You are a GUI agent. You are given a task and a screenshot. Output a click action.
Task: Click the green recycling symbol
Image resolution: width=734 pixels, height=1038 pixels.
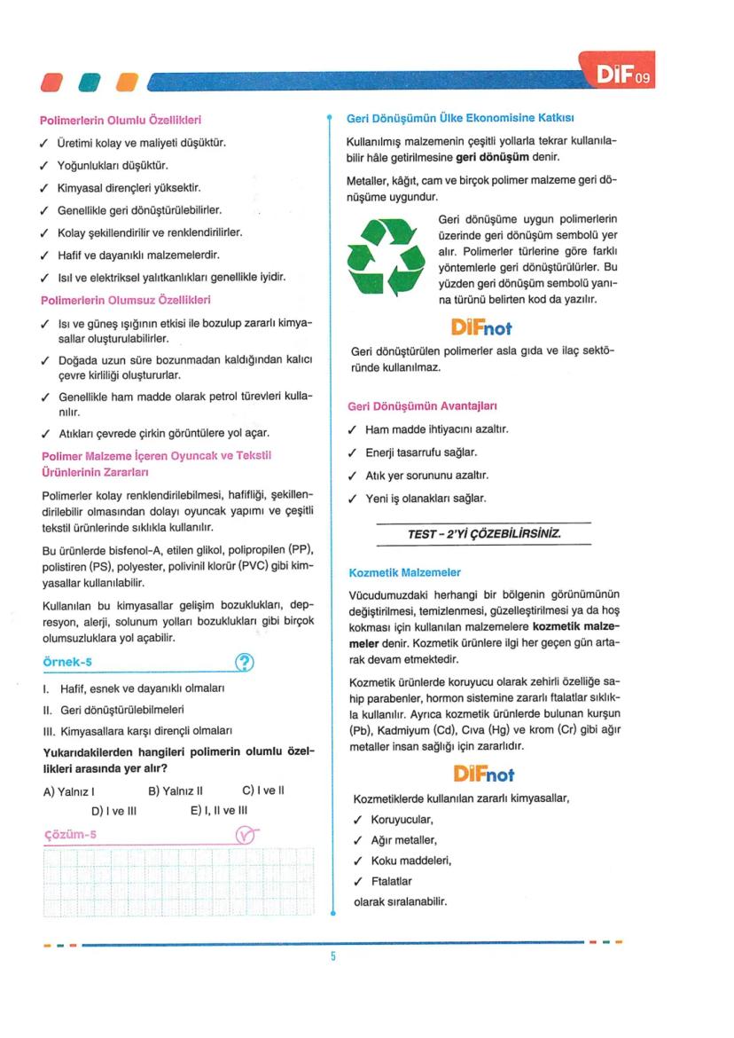pos(386,256)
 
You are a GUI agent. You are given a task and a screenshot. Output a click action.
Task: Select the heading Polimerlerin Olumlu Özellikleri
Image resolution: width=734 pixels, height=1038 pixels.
pos(121,120)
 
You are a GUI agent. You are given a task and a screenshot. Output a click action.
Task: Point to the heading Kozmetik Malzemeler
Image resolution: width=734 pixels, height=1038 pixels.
pos(405,572)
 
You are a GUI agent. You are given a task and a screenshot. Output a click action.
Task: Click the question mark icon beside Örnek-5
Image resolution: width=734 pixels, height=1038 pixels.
pos(245,662)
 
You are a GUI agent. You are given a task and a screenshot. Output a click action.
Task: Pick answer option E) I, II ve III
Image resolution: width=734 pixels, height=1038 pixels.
pos(219,810)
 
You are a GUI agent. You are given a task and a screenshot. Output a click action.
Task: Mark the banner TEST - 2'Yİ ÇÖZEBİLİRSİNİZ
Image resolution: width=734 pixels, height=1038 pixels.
pos(483,534)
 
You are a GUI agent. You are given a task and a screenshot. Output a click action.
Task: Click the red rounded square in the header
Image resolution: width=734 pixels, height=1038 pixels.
pos(53,83)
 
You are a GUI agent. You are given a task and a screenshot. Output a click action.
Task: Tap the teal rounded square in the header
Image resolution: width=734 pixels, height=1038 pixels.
pos(90,83)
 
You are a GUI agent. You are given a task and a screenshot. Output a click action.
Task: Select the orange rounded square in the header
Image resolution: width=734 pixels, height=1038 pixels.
pos(128,83)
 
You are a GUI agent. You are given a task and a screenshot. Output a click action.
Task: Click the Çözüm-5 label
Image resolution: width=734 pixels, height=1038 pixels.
pos(70,834)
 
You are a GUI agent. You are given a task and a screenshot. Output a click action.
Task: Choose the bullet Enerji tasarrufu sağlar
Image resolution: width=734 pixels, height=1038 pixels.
pos(421,452)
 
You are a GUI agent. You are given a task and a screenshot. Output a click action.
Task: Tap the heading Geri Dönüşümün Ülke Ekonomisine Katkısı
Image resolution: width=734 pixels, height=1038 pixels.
pos(461,118)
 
